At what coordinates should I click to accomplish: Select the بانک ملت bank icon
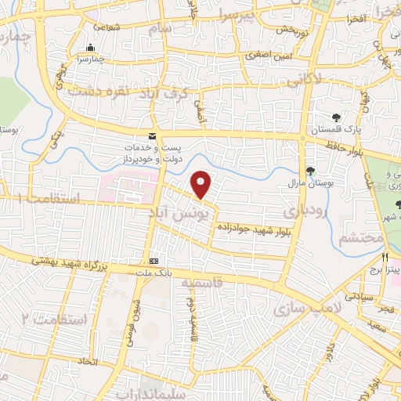(154, 261)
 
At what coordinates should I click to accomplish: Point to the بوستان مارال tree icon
(310, 172)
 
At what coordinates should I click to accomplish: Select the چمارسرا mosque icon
(91, 47)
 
